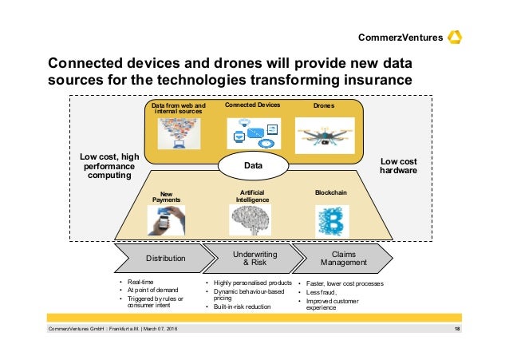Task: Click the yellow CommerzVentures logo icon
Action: pyautogui.click(x=456, y=37)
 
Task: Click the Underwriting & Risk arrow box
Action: pyautogui.click(x=254, y=258)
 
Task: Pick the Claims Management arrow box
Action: pyautogui.click(x=343, y=258)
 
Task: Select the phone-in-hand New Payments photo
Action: pyautogui.click(x=165, y=220)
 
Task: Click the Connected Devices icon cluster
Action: pyautogui.click(x=253, y=132)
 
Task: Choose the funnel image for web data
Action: pyautogui.click(x=177, y=133)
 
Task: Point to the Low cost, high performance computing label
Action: pyautogui.click(x=109, y=166)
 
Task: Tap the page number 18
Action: pyautogui.click(x=457, y=330)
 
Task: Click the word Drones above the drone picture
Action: pyautogui.click(x=324, y=105)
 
